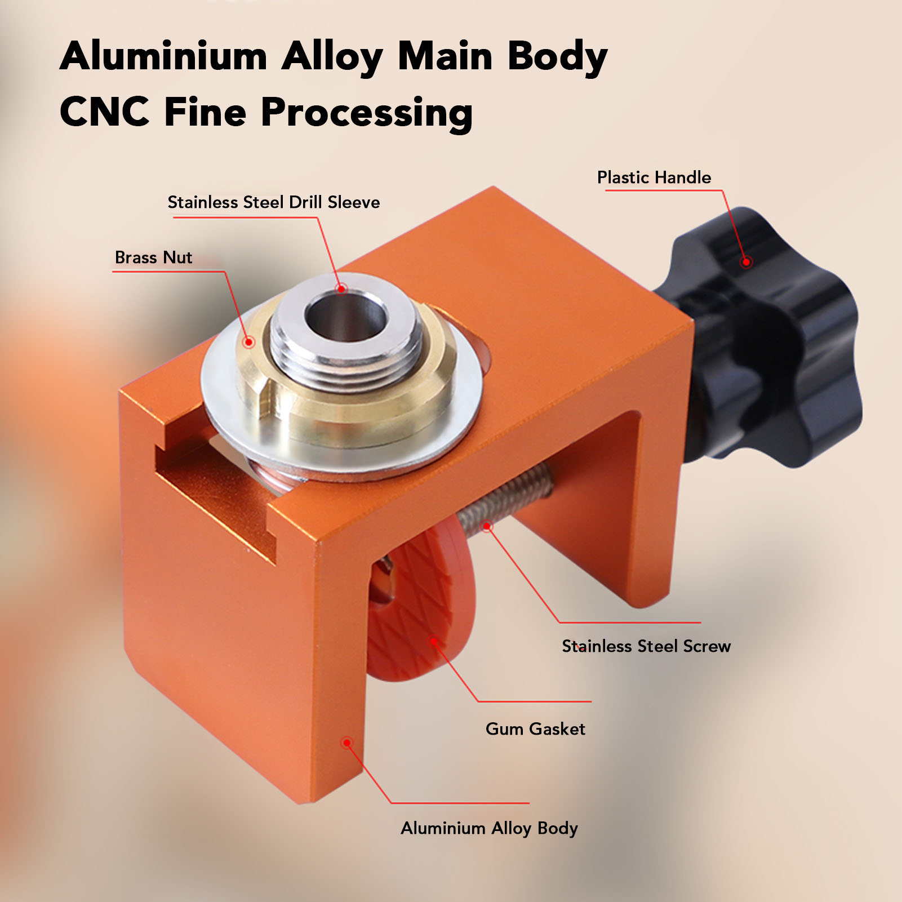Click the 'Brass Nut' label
(x=153, y=257)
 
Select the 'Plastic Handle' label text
(x=654, y=177)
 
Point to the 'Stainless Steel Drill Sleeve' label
(x=274, y=202)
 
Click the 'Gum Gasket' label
(x=535, y=729)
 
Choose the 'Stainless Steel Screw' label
(x=646, y=646)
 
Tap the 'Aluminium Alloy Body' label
(x=489, y=828)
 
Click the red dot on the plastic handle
(x=746, y=261)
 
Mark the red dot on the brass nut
(x=248, y=341)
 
